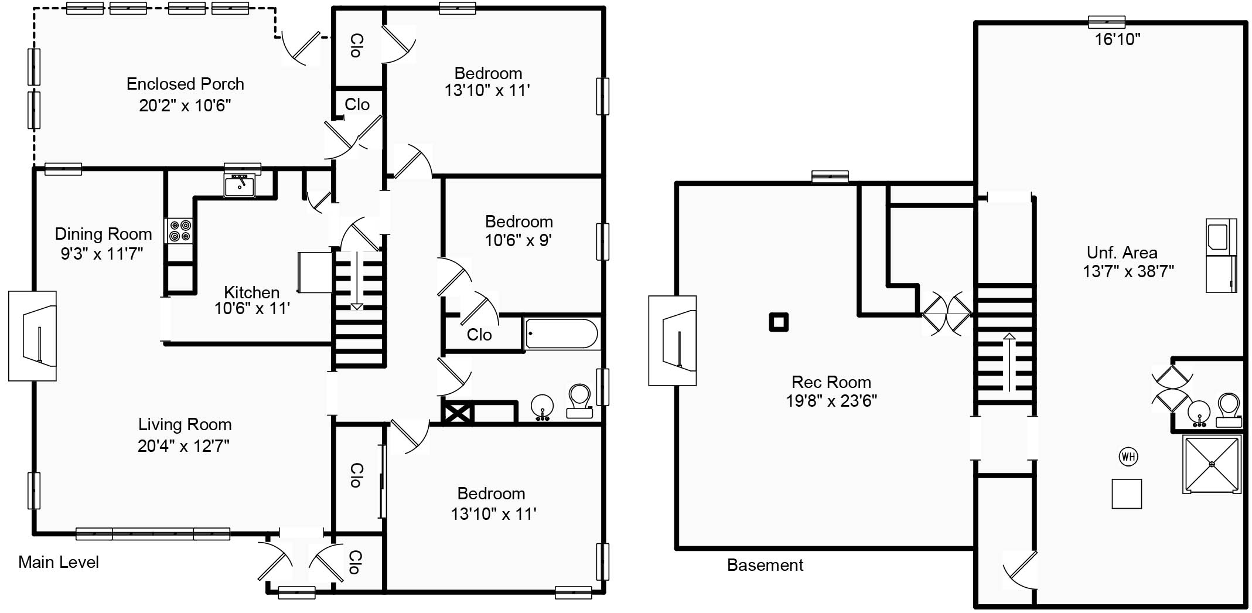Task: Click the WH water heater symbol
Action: (1128, 457)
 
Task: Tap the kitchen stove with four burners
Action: (179, 230)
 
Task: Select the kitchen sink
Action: (240, 186)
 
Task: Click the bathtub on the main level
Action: (562, 334)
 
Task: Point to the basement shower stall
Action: (1212, 464)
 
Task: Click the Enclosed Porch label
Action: (185, 84)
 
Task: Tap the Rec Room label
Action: (831, 382)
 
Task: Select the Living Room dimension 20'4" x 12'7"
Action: (183, 446)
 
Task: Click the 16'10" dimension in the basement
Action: (1118, 39)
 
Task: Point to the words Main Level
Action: (59, 562)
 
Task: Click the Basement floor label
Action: (765, 565)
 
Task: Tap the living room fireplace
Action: (33, 336)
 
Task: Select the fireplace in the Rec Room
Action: (673, 340)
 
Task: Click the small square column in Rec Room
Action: (779, 322)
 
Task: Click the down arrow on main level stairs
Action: (357, 281)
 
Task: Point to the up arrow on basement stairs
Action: (1009, 362)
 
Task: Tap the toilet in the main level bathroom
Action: (579, 401)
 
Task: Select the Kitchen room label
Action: (252, 292)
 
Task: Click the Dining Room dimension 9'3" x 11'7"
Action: (102, 254)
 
